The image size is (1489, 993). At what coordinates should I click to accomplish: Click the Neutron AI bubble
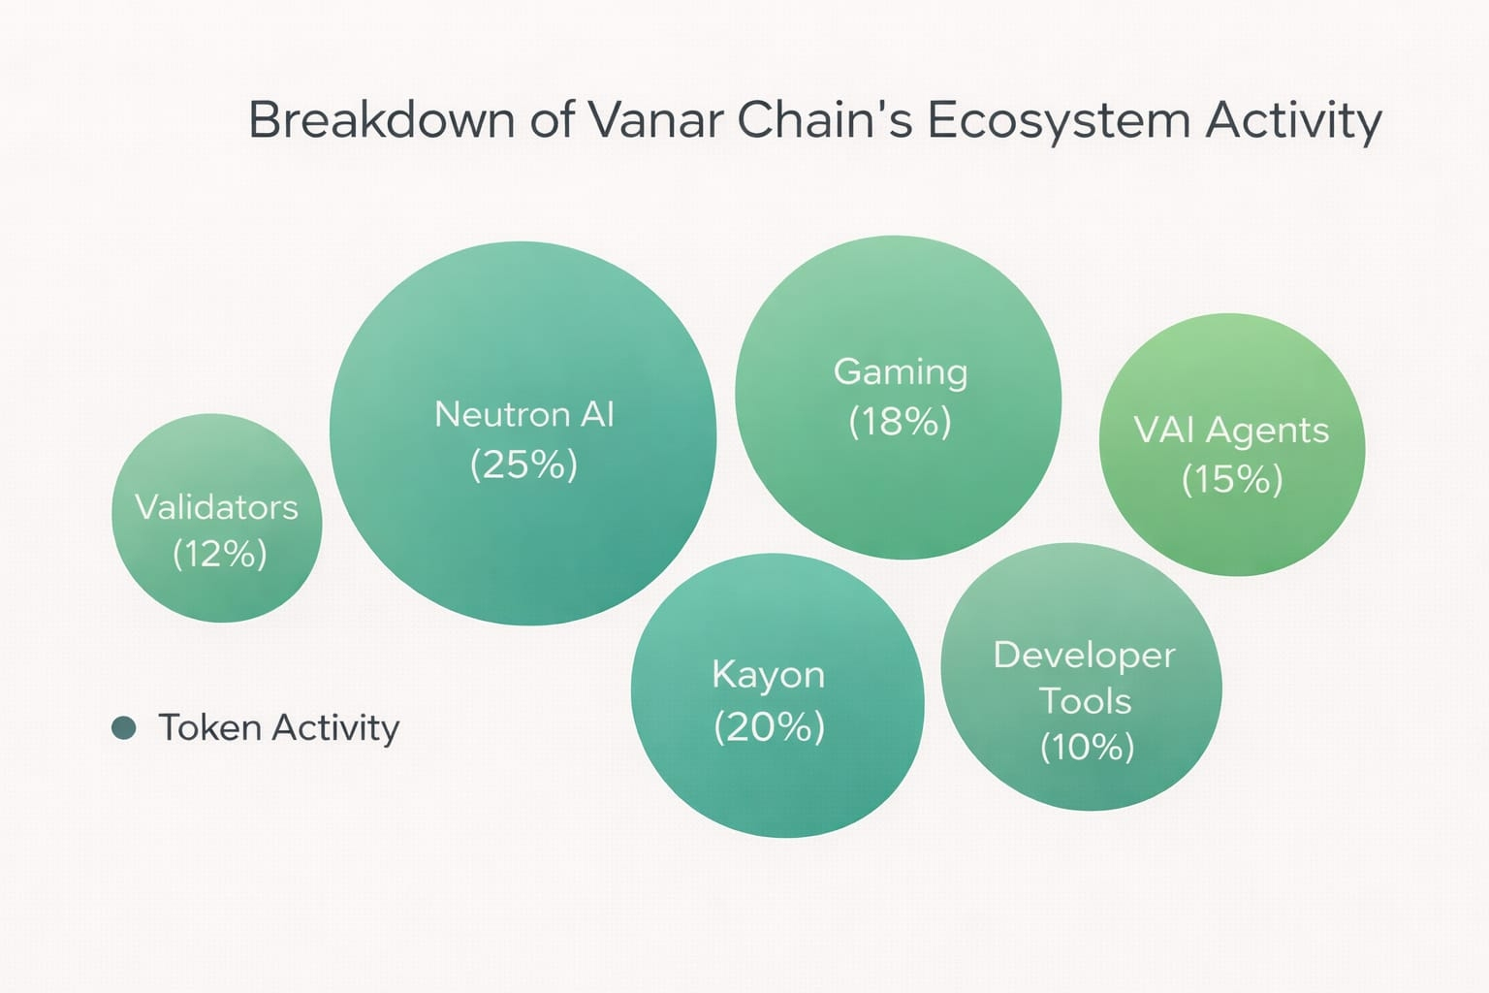[x=523, y=432]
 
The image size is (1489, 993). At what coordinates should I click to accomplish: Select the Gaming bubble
[x=898, y=397]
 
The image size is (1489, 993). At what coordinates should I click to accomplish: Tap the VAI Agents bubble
[x=1232, y=444]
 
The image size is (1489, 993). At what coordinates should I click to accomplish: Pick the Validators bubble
[x=217, y=518]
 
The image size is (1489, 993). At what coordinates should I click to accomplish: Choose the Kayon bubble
[x=777, y=695]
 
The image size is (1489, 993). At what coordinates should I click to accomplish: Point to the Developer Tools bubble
[x=1082, y=677]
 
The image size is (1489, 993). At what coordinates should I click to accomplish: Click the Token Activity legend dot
[x=124, y=727]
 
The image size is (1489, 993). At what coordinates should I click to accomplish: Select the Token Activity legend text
[x=279, y=727]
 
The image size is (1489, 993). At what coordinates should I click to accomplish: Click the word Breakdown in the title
[x=382, y=119]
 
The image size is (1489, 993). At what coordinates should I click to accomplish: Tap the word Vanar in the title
[x=656, y=119]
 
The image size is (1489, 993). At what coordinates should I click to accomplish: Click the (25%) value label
[x=523, y=464]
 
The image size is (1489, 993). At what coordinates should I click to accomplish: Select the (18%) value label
[x=900, y=422]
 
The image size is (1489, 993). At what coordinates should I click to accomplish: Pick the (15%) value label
[x=1232, y=479]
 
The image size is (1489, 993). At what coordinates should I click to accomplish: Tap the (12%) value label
[x=220, y=554]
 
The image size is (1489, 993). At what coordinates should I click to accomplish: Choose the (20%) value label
[x=770, y=727]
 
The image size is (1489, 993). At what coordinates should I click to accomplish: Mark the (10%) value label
[x=1088, y=747]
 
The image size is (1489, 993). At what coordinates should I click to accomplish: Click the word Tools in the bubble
[x=1086, y=701]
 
